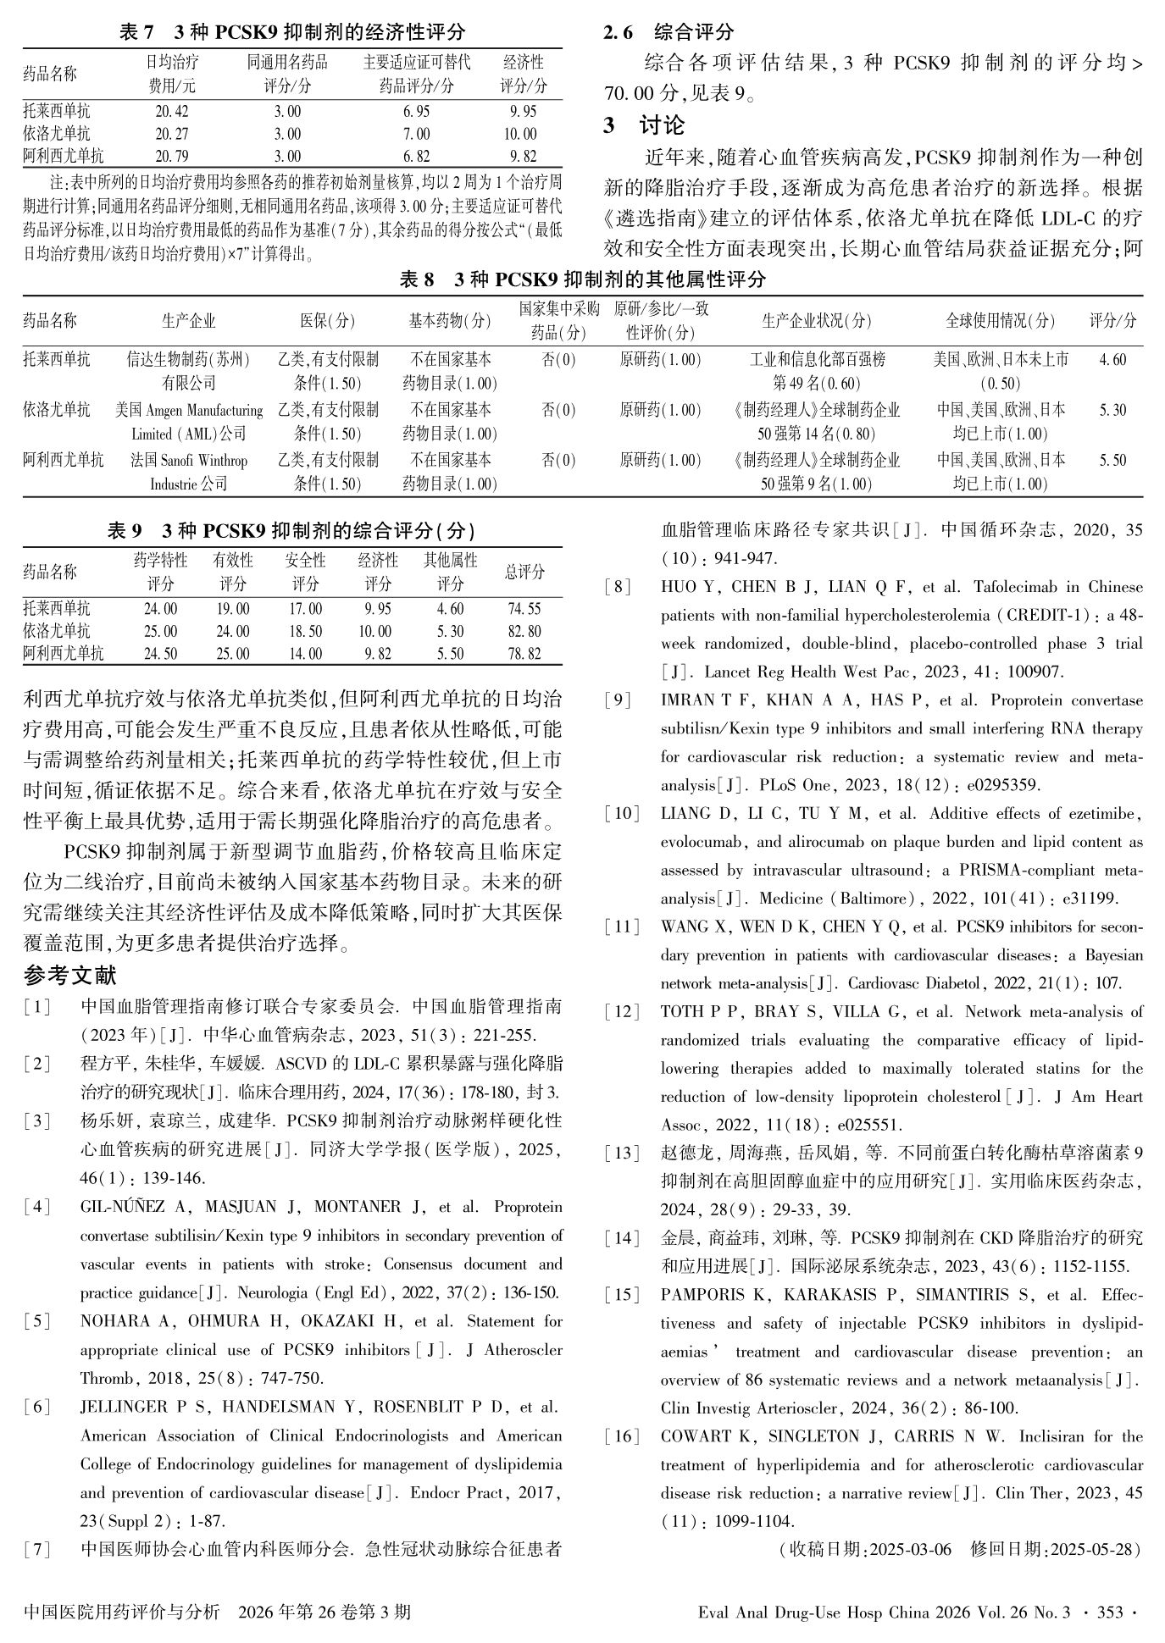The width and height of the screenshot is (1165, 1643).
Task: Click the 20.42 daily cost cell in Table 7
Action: pyautogui.click(x=172, y=111)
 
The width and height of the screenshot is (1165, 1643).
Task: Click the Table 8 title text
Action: pyautogui.click(x=582, y=279)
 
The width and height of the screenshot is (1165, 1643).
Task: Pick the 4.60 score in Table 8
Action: pyautogui.click(x=1112, y=360)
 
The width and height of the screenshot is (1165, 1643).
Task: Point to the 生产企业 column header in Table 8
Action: pyautogui.click(x=188, y=320)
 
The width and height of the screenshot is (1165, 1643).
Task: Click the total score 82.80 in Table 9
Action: pyautogui.click(x=524, y=631)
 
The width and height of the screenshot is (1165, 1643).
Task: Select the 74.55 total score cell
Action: pyautogui.click(x=524, y=609)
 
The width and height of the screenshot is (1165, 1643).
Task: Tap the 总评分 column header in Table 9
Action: pyautogui.click(x=524, y=572)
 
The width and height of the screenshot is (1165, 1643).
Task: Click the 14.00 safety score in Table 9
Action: pyautogui.click(x=305, y=654)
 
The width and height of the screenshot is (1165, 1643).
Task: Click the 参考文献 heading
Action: pyautogui.click(x=71, y=976)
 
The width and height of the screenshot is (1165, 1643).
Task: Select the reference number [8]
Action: pyautogui.click(x=618, y=587)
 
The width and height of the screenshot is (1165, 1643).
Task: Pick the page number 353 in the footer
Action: pyautogui.click(x=1110, y=1613)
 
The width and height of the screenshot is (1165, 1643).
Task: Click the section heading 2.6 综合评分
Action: pyautogui.click(x=668, y=32)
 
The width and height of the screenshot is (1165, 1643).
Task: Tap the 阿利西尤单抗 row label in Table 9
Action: pyautogui.click(x=64, y=654)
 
